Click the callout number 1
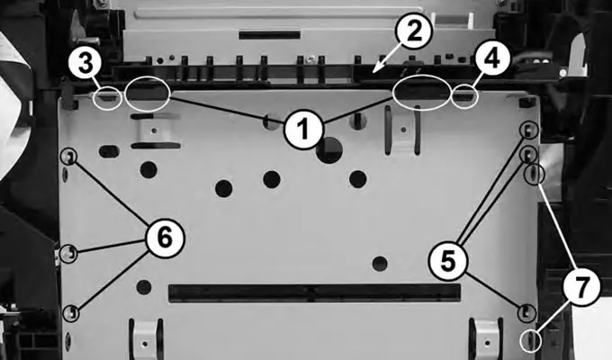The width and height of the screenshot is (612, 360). click(303, 130)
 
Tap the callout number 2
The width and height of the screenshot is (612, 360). click(414, 31)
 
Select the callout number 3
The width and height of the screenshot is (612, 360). click(85, 64)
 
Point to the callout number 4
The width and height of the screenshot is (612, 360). click(492, 59)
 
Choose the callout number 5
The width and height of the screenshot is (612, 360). click(447, 261)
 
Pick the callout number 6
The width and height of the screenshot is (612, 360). click(165, 238)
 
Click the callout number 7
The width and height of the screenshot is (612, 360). click(581, 289)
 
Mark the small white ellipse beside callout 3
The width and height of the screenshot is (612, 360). click(107, 98)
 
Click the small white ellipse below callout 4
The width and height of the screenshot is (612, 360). click(464, 95)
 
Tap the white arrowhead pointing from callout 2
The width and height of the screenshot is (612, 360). click(375, 68)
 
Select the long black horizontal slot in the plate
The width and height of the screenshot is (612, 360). click(314, 293)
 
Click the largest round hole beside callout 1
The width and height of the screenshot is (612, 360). click(329, 150)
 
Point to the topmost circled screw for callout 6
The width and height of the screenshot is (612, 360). click(68, 157)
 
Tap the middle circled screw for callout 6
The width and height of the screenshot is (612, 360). click(68, 254)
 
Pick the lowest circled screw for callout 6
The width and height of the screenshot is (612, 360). click(71, 313)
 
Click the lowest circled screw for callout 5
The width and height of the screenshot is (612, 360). click(526, 313)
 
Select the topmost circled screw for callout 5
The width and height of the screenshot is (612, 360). click(529, 130)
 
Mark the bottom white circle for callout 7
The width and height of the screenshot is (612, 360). click(531, 339)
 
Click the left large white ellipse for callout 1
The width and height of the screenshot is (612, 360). click(147, 94)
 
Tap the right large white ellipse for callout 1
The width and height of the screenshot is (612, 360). click(421, 92)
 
